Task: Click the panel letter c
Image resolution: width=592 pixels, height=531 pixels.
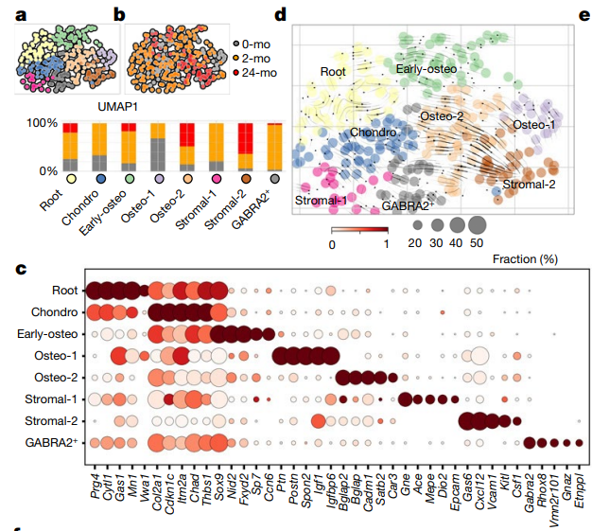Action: pyautogui.click(x=21, y=269)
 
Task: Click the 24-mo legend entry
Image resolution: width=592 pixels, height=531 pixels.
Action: pyautogui.click(x=253, y=72)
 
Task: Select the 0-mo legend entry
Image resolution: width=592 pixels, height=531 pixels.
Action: pyautogui.click(x=253, y=44)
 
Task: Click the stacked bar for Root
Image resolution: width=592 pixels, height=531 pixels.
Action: pyautogui.click(x=70, y=146)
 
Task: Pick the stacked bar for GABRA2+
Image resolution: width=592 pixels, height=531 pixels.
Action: pyautogui.click(x=274, y=146)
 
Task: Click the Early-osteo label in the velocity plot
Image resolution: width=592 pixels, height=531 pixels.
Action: pyautogui.click(x=428, y=68)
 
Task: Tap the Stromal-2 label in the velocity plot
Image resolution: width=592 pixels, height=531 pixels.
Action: pyautogui.click(x=529, y=183)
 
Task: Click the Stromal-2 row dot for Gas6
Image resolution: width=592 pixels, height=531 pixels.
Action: pyautogui.click(x=465, y=420)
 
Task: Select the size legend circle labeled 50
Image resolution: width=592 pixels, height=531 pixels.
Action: pyautogui.click(x=477, y=225)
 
